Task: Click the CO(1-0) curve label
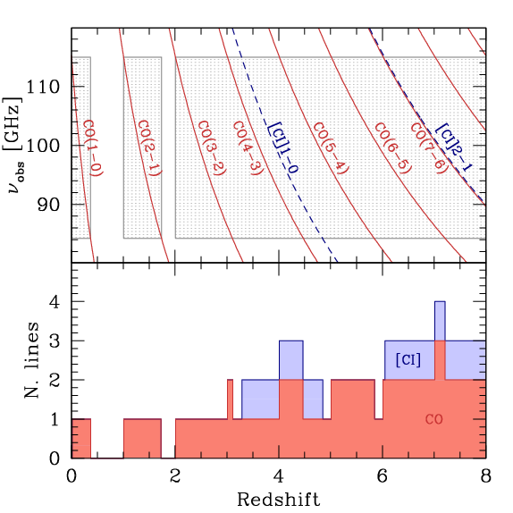[x=92, y=147]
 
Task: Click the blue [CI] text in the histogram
[x=408, y=359]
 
